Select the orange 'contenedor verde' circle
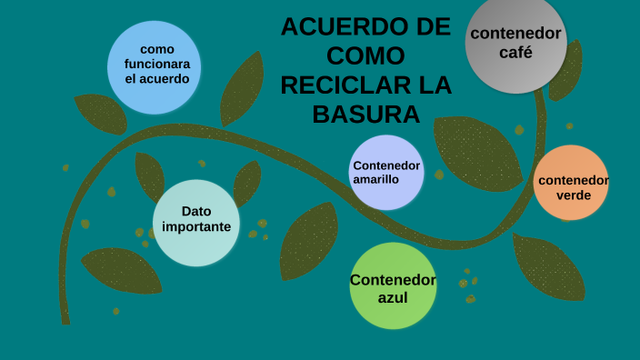point(571,183)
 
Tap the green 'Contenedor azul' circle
point(393,285)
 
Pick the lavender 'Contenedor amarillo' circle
point(386,172)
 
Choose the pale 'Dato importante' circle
point(195,223)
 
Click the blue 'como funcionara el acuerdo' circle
point(155,67)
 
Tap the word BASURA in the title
point(365,115)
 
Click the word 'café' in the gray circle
point(515,53)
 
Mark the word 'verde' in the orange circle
point(573,195)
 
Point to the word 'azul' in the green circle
point(393,297)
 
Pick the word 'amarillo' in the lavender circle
point(377,179)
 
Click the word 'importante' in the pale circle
point(196,227)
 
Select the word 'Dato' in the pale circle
point(195,212)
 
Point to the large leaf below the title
point(477,150)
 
